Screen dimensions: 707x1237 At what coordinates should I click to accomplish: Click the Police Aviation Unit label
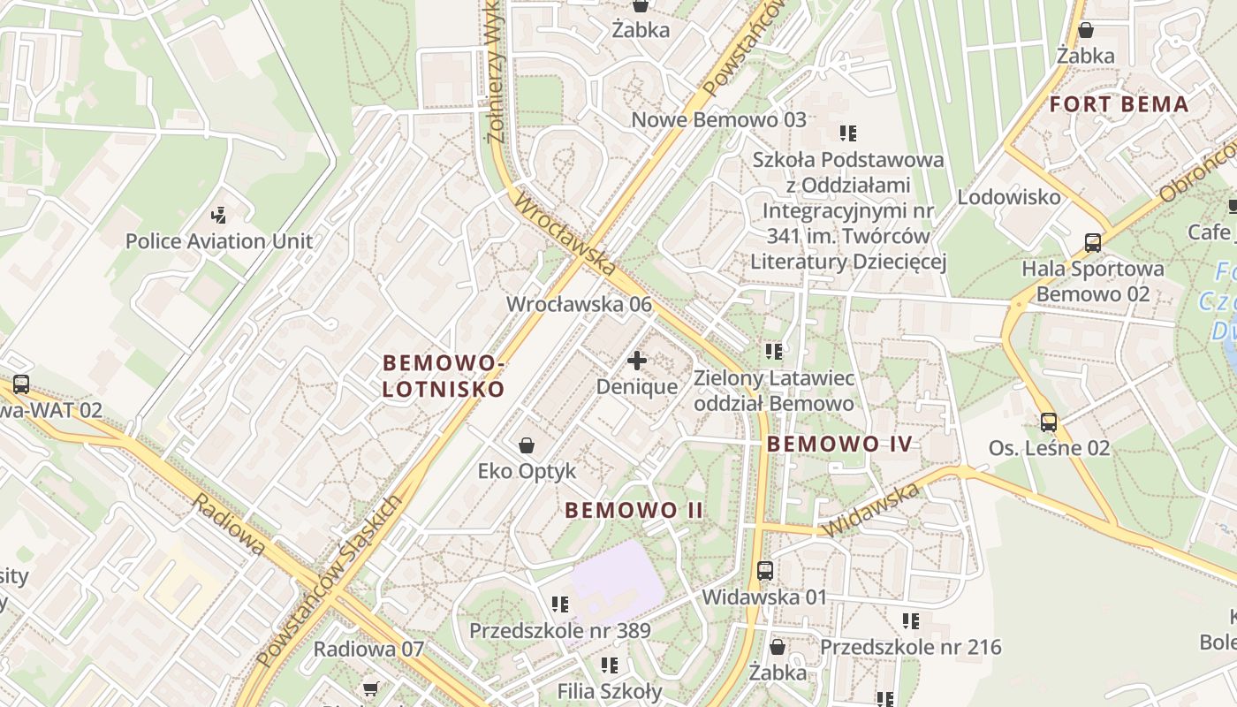[218, 240]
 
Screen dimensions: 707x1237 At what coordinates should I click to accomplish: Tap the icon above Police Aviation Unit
[218, 214]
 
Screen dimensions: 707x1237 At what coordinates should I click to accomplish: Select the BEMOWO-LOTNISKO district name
[444, 376]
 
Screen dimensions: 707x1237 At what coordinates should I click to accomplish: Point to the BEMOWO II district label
[634, 510]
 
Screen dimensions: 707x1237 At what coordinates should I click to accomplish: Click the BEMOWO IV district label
[839, 444]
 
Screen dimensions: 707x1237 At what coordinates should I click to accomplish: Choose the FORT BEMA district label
[1119, 104]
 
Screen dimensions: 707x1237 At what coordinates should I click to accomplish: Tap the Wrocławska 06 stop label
[579, 304]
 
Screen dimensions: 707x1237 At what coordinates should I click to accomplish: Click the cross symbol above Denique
[637, 361]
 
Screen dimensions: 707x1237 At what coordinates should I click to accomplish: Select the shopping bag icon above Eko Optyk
[527, 445]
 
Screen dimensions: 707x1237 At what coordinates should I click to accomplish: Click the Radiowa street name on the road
[229, 524]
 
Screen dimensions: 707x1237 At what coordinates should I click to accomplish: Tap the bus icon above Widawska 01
[765, 571]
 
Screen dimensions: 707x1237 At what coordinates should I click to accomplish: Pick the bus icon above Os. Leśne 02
[1049, 422]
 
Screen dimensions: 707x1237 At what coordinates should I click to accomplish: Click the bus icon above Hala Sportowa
[1093, 243]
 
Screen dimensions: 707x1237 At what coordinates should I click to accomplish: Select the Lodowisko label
[1009, 196]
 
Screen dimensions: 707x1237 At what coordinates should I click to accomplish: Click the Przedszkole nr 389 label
[559, 631]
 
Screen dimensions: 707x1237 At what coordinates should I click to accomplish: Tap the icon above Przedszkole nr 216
[911, 621]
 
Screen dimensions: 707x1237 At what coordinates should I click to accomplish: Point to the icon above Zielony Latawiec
[774, 352]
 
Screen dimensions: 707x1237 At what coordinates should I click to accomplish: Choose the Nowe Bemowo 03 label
[718, 119]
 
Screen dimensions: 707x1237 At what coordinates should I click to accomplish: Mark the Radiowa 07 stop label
[368, 649]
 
